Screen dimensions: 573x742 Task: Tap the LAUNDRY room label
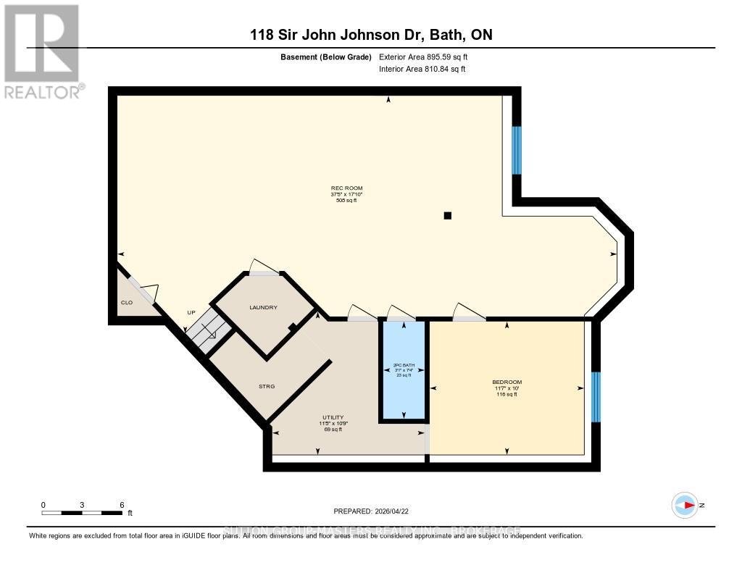coord(263,308)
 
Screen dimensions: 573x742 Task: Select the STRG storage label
coord(266,387)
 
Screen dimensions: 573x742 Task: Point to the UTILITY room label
coord(333,418)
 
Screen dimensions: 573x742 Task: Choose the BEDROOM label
coord(507,382)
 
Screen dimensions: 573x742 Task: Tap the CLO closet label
coord(127,302)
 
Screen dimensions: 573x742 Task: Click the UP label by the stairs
coord(191,313)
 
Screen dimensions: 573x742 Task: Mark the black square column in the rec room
coord(448,215)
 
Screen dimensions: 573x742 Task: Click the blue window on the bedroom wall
coord(596,397)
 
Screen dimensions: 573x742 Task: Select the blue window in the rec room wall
coord(517,151)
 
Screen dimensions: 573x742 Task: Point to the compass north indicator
coord(685,505)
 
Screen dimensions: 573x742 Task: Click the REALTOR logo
coord(43,51)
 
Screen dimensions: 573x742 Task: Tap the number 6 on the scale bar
coord(122,505)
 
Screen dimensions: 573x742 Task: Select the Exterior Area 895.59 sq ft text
coord(428,57)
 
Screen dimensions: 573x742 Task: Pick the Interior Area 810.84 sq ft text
coord(422,70)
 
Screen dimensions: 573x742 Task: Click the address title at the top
coord(372,34)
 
